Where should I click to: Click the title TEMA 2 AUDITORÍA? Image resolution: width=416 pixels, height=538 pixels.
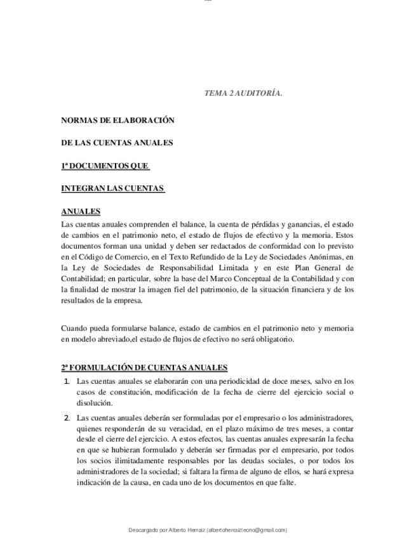coord(243,93)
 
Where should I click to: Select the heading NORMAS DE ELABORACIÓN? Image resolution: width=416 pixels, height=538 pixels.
coord(117,120)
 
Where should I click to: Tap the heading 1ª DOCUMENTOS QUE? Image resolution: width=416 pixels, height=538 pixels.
coord(105,166)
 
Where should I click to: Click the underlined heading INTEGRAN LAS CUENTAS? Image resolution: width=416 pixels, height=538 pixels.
coord(112,188)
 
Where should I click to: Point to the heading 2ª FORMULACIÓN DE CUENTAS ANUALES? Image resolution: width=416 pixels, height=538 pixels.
coord(144,367)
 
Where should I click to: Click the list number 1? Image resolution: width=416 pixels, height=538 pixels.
coord(67,381)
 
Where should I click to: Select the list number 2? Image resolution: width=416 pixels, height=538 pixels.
coord(67,417)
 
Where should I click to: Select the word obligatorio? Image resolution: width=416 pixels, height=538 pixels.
coord(274,339)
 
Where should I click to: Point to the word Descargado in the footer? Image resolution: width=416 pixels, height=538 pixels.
coord(143,530)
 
